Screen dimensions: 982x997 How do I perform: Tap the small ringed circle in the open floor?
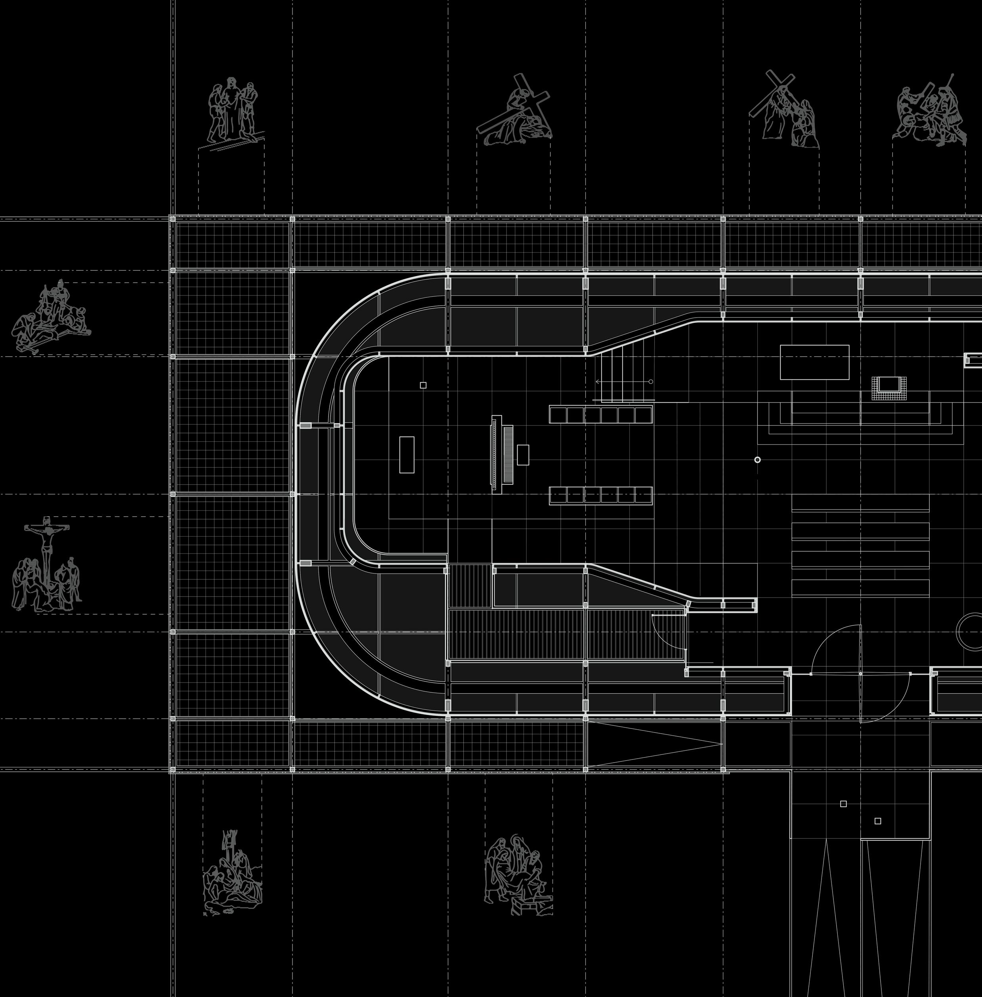coord(757,460)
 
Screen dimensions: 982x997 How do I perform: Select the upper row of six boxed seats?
coord(601,415)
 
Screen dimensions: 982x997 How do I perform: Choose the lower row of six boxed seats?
coord(601,495)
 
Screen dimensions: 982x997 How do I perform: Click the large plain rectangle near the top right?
coord(814,362)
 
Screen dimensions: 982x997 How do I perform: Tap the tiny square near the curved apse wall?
coord(423,385)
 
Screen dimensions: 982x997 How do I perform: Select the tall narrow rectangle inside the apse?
coord(407,454)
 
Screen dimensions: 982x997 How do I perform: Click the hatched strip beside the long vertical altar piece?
coord(508,454)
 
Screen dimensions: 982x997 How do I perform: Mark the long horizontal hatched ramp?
coord(567,635)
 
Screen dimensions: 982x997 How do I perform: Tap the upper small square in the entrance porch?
coord(843,803)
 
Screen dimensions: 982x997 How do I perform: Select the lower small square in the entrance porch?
coord(878,821)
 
